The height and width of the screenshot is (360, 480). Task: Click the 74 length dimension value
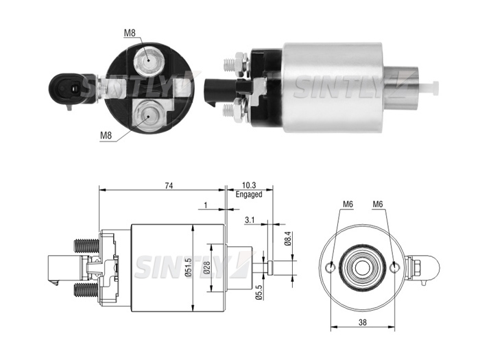169,186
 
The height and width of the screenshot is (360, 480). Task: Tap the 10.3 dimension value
249,185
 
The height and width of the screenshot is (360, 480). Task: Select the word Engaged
249,194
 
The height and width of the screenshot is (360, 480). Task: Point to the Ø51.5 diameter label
189,267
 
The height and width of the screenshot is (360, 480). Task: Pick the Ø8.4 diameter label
287,239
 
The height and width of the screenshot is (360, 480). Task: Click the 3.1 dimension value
250,220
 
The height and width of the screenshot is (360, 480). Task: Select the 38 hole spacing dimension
363,322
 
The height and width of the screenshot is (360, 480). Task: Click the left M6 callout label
348,204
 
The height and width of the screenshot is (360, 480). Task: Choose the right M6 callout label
378,204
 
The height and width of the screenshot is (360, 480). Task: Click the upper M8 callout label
130,33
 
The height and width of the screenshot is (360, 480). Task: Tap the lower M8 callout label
106,135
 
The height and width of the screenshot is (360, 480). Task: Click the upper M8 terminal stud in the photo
148,60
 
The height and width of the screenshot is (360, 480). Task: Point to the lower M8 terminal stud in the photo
148,117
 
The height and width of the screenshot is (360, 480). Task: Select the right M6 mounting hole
394,267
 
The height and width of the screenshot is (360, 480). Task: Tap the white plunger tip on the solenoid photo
429,88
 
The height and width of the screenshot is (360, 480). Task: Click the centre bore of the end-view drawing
363,268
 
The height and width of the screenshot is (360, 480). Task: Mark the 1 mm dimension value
206,205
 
